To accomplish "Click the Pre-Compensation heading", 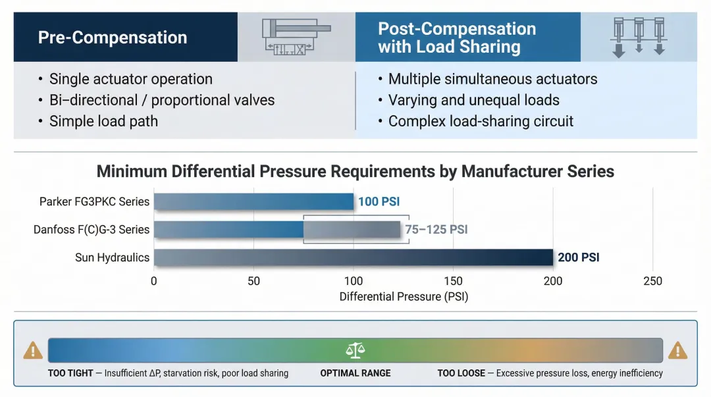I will click(x=113, y=38).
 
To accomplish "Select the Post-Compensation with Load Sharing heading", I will click(x=456, y=38).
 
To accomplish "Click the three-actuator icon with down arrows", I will click(x=638, y=38).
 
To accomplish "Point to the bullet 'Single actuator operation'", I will click(x=130, y=80).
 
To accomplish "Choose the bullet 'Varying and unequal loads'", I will click(x=473, y=100).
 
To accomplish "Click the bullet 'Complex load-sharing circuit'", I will click(x=481, y=121).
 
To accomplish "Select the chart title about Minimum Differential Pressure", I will click(x=355, y=172).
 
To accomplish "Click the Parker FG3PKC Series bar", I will click(x=254, y=201).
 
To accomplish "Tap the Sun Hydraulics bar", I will click(x=354, y=257).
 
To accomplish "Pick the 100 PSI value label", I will click(x=379, y=201).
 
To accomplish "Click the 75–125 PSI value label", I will click(x=436, y=230).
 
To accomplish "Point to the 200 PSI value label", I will click(x=578, y=257).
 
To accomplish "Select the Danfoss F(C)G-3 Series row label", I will click(x=92, y=230).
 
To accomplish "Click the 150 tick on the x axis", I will click(x=453, y=281).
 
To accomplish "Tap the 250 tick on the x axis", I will click(x=652, y=281).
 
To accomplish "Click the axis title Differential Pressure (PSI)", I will click(x=404, y=297).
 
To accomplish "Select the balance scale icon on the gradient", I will click(x=355, y=350).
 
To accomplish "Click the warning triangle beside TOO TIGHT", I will click(x=32, y=351).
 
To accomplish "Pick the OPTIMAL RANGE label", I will click(x=355, y=373).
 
